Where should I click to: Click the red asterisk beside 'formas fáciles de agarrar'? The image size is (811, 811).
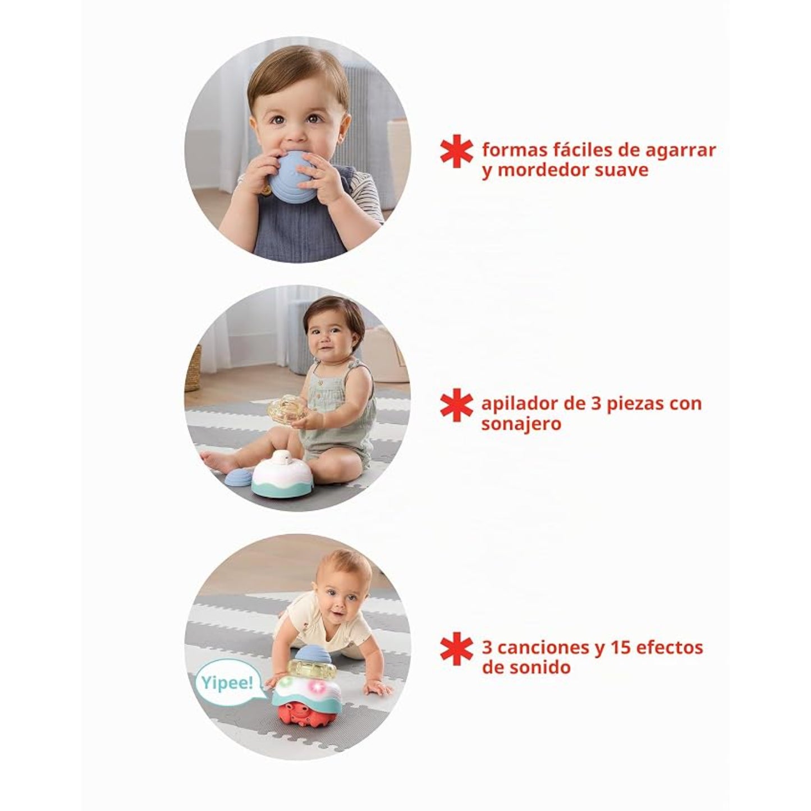pos(457,150)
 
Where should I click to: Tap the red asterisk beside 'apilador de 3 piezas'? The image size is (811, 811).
pos(457,405)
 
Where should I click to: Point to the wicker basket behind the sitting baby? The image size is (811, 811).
pos(193,368)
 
